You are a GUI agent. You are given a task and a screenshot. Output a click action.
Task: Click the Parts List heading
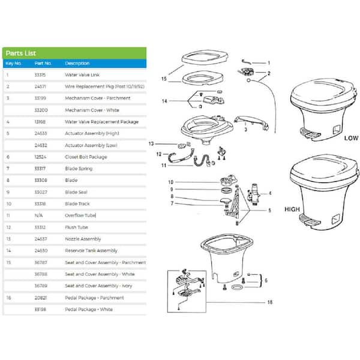coord(20,52)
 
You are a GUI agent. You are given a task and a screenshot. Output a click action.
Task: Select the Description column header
coord(77,64)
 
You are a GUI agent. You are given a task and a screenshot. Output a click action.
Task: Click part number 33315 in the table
coord(41,75)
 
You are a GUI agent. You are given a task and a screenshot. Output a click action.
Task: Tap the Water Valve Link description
coord(82,75)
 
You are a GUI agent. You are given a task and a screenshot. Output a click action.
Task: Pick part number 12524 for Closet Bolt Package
coord(41,157)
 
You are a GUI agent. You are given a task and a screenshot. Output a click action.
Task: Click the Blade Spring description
coord(78,169)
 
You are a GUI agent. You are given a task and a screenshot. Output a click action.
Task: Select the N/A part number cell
coord(39,215)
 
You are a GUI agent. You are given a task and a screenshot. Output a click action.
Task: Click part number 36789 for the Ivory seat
coord(41,286)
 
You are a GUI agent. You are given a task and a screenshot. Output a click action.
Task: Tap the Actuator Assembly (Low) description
coord(91,145)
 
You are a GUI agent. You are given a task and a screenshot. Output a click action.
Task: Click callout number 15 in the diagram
coord(164,79)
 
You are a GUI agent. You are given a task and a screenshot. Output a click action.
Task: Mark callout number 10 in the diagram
coord(170,182)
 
